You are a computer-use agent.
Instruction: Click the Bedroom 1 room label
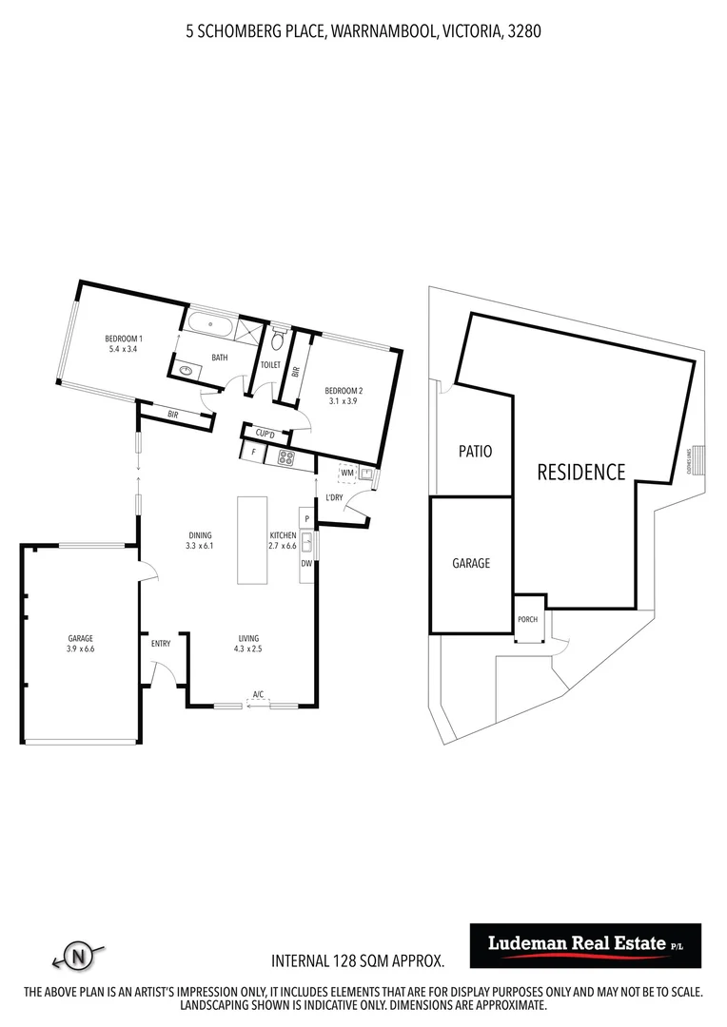(124, 339)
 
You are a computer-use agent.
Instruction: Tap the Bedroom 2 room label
(344, 391)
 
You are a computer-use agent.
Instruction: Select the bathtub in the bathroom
(209, 323)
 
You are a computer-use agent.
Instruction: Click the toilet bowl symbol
(278, 339)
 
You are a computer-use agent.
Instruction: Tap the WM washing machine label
(346, 472)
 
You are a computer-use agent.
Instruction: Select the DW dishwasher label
(306, 563)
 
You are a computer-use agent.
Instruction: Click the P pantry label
(306, 518)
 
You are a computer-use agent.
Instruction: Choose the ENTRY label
(161, 644)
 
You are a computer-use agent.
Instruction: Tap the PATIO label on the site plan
(475, 452)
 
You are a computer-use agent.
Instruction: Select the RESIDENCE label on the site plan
(581, 472)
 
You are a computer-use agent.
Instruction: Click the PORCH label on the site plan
(527, 620)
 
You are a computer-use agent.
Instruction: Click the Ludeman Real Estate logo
(585, 944)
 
